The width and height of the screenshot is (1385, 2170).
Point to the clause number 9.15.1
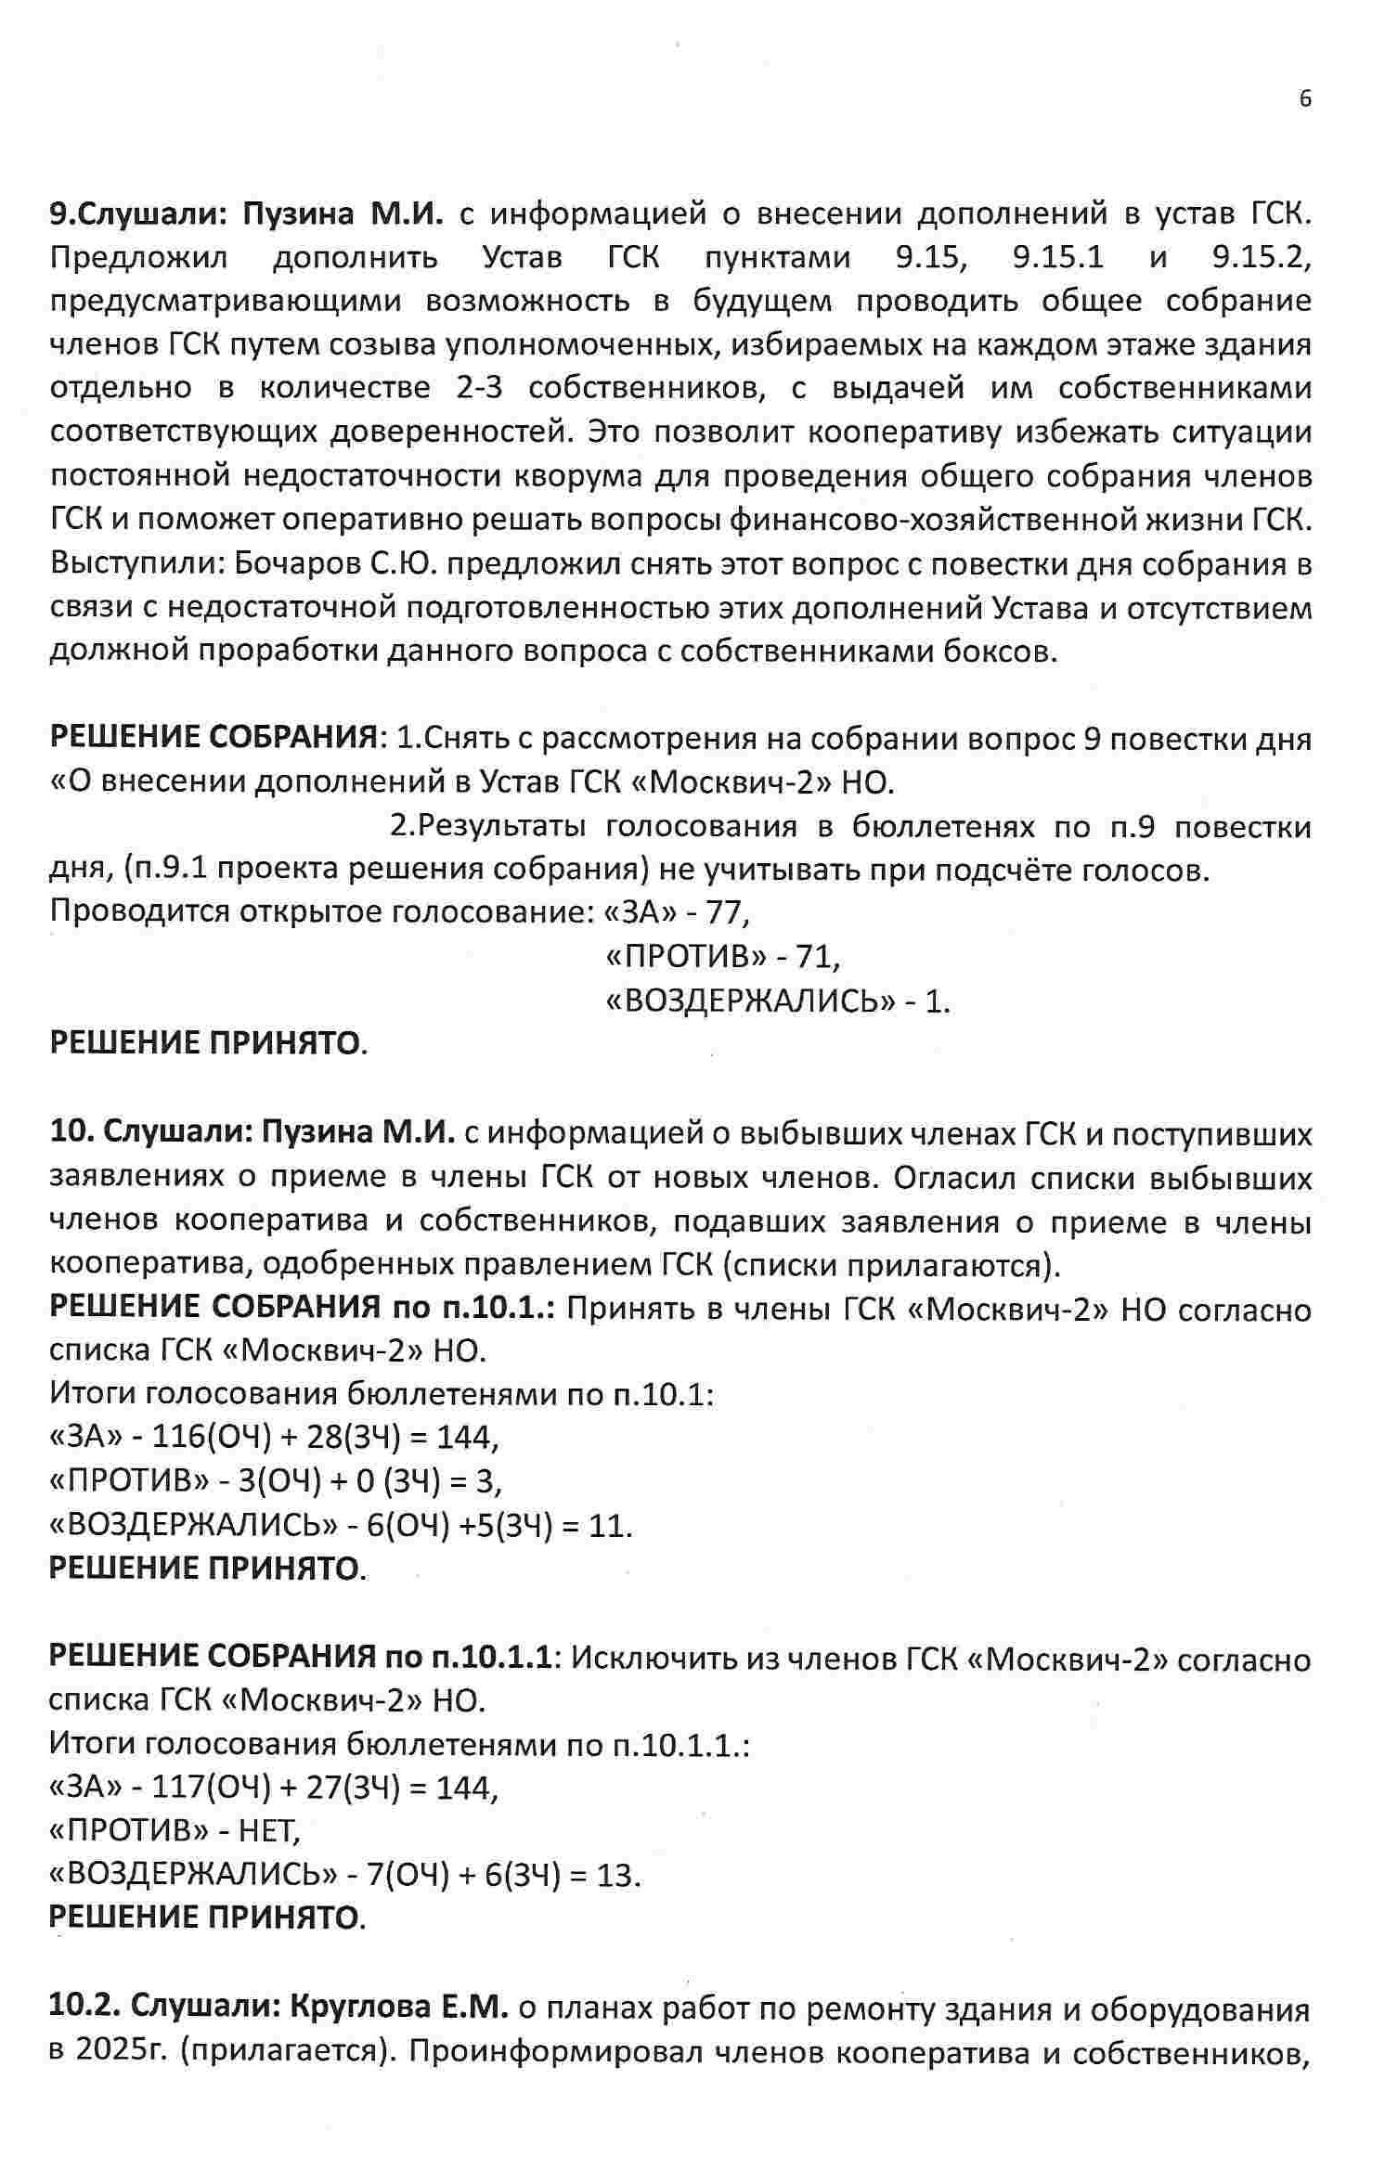click(x=1058, y=257)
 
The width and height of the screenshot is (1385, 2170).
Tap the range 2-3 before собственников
click(x=479, y=388)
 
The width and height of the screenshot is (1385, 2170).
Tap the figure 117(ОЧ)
click(x=211, y=1788)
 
